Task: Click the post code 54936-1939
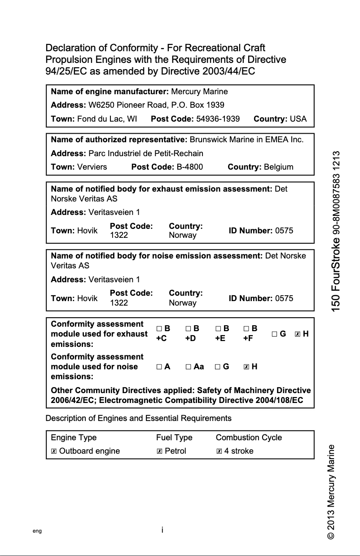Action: pyautogui.click(x=218, y=119)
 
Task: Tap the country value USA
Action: pyautogui.click(x=298, y=119)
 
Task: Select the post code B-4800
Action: pyautogui.click(x=189, y=167)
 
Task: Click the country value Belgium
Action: pyautogui.click(x=278, y=167)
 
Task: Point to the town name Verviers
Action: pyautogui.click(x=92, y=167)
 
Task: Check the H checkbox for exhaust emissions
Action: pyautogui.click(x=297, y=334)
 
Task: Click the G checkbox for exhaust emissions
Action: pyautogui.click(x=274, y=334)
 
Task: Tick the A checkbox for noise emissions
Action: pyautogui.click(x=159, y=367)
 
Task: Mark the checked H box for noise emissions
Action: pyautogui.click(x=246, y=367)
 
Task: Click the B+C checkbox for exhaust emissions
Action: pyautogui.click(x=159, y=329)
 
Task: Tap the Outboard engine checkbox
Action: pyautogui.click(x=54, y=451)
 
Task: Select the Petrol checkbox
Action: pyautogui.click(x=159, y=451)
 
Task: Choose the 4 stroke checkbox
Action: pyautogui.click(x=219, y=451)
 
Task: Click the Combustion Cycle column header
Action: pyautogui.click(x=249, y=438)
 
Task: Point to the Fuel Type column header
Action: pyautogui.click(x=174, y=438)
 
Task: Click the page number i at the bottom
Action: pyautogui.click(x=162, y=530)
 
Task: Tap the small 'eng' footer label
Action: pyautogui.click(x=37, y=531)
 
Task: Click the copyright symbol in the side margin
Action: pyautogui.click(x=331, y=536)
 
